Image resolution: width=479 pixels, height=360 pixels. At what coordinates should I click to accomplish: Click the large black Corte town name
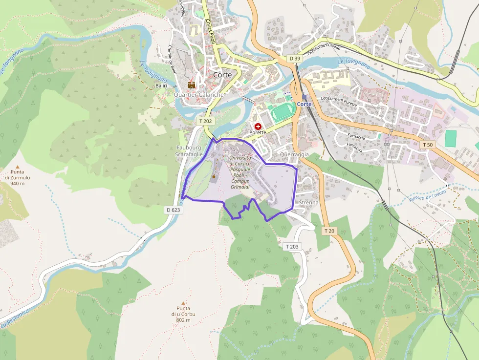222,75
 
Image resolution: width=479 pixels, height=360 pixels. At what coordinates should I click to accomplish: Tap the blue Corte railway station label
304,104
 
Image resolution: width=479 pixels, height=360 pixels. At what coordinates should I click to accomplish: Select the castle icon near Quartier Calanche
192,85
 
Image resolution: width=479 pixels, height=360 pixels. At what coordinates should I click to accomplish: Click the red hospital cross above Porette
258,126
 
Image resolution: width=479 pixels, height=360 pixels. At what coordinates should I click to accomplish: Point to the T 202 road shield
206,121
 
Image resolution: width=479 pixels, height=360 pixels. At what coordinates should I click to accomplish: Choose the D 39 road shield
294,59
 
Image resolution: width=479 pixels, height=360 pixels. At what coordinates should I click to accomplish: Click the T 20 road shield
329,231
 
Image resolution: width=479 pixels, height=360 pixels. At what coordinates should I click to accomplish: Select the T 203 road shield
291,247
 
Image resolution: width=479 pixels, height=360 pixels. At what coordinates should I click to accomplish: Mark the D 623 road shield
173,210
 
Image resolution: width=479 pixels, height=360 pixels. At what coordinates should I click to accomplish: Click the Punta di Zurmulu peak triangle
18,167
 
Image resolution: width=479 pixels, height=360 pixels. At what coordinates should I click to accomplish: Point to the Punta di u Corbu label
183,312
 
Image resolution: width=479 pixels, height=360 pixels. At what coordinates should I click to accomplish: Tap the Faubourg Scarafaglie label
189,151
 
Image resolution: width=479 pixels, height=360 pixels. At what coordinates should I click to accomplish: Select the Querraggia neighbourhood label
294,154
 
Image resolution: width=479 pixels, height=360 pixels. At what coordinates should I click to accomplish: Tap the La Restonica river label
15,318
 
